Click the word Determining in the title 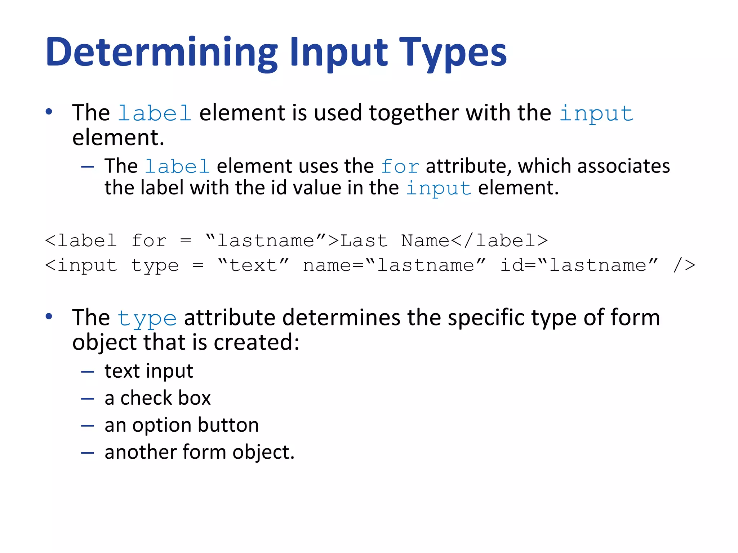click(x=162, y=53)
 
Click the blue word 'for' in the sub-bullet click(x=400, y=167)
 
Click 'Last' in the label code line click(x=364, y=240)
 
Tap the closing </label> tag click(x=499, y=240)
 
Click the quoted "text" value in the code click(x=253, y=265)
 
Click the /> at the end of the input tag click(x=684, y=265)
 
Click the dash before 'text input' click(x=87, y=372)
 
